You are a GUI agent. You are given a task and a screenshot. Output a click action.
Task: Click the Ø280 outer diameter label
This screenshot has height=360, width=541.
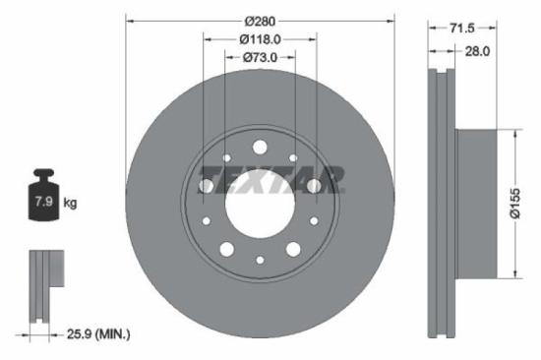[260, 21]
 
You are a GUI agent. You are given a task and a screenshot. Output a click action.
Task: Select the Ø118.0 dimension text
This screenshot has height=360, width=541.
[260, 39]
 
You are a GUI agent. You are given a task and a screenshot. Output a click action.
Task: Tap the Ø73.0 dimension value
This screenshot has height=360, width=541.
[260, 58]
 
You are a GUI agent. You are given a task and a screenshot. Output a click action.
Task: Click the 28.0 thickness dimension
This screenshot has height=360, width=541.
[477, 51]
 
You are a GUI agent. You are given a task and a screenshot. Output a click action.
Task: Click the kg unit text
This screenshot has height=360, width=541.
[70, 204]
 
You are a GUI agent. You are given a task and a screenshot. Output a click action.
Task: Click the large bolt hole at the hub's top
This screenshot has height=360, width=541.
[260, 148]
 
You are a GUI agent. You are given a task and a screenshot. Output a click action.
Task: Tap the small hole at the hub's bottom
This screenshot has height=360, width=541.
[260, 260]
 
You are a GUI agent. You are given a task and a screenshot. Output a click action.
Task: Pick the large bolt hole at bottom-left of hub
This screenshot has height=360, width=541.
[227, 249]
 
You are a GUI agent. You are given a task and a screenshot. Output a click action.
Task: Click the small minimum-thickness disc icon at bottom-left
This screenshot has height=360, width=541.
[42, 284]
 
